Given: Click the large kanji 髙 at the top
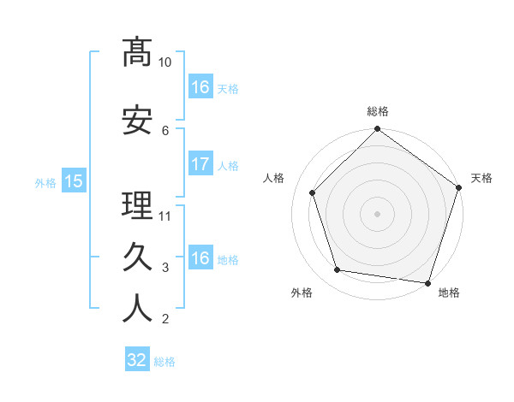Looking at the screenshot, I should click(x=137, y=52).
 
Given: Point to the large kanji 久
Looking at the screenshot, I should click(x=137, y=257).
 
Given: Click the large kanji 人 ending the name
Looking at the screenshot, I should click(x=137, y=309).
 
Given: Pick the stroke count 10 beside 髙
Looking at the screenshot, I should click(x=165, y=62).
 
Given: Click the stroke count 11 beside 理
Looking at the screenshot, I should click(x=165, y=216).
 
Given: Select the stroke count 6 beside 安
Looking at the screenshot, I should click(x=165, y=130).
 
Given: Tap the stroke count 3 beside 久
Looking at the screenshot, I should click(x=165, y=268).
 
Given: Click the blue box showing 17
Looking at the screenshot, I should click(x=200, y=163).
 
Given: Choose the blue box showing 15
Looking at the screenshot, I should click(x=73, y=180).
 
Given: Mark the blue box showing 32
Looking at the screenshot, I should click(x=137, y=360).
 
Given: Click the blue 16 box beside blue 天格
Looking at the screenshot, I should click(x=200, y=86).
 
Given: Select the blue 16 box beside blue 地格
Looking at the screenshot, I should click(x=200, y=258).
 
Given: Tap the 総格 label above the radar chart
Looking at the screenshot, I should click(x=378, y=111).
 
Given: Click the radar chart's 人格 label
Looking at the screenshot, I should click(x=274, y=178).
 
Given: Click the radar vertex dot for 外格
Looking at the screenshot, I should click(x=338, y=270).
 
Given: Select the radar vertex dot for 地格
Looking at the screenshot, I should click(x=427, y=282).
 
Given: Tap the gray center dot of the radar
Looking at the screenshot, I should click(x=378, y=213).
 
